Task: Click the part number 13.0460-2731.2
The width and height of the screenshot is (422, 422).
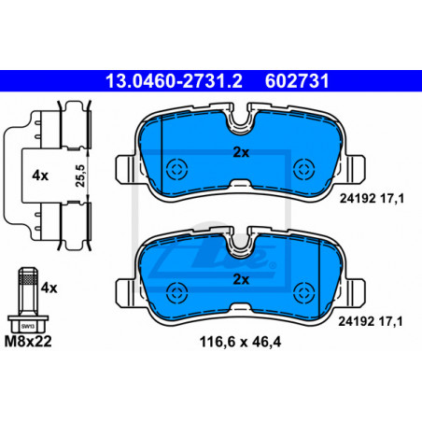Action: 174,81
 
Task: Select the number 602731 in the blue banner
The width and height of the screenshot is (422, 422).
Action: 297,81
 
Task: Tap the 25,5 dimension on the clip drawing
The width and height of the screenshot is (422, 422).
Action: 80,176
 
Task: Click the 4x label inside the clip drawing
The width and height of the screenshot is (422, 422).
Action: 40,176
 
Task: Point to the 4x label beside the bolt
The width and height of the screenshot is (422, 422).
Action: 49,288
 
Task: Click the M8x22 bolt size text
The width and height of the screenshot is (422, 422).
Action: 28,342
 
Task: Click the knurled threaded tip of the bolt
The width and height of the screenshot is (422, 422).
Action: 28,276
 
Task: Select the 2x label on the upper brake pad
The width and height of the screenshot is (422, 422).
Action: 241,152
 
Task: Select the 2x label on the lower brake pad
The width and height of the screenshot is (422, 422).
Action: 241,279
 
